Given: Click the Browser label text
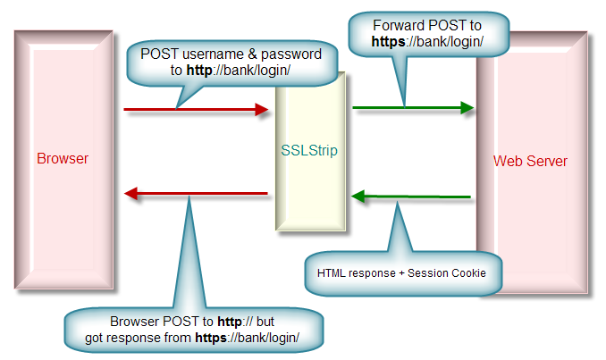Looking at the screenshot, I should click(x=63, y=159).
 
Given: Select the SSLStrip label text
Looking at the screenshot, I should click(x=308, y=150).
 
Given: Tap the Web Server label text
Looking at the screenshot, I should click(x=530, y=162).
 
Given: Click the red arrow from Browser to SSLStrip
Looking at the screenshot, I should click(x=196, y=110).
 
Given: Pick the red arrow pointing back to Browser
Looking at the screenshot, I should click(x=196, y=193).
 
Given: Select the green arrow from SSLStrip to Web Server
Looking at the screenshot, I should click(x=412, y=108).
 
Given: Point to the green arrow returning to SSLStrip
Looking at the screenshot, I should click(x=410, y=196).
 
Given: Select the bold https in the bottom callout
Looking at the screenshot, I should click(x=214, y=337).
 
